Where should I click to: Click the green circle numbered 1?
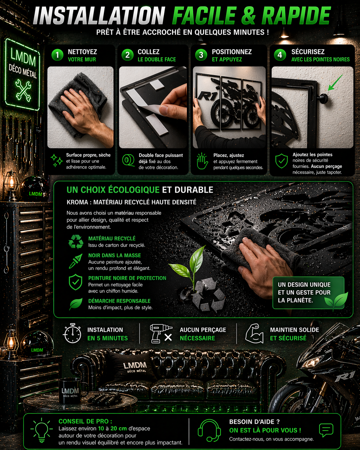[57, 55]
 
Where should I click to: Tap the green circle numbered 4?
[280, 55]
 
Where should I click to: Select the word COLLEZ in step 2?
[149, 52]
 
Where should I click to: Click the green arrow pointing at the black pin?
[335, 82]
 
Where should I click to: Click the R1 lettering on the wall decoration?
[207, 96]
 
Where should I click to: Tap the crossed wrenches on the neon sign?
[23, 90]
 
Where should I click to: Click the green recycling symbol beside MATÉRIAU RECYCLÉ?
[76, 241]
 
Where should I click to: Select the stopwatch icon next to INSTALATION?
[72, 333]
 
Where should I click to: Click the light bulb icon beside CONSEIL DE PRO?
[42, 430]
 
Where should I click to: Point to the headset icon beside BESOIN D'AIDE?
[209, 430]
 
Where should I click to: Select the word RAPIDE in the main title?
[296, 16]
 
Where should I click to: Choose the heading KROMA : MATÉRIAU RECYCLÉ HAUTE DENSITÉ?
[132, 202]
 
